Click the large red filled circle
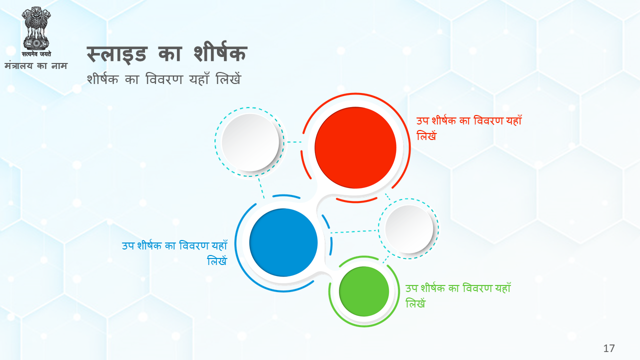point(355,147)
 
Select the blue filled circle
point(283,242)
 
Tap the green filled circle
point(364,291)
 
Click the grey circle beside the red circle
point(250,142)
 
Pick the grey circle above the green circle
point(409,229)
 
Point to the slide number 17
point(609,348)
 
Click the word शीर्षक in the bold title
point(220,52)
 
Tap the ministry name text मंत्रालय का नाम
point(36,66)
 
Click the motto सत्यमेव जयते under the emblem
point(36,54)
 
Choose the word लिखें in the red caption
point(426,135)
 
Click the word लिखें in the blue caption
point(217,260)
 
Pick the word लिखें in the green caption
point(415,303)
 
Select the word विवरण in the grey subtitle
point(164,79)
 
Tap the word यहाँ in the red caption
point(514,120)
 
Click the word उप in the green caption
point(411,288)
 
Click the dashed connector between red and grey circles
point(294,142)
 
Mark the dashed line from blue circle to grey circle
point(354,231)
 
